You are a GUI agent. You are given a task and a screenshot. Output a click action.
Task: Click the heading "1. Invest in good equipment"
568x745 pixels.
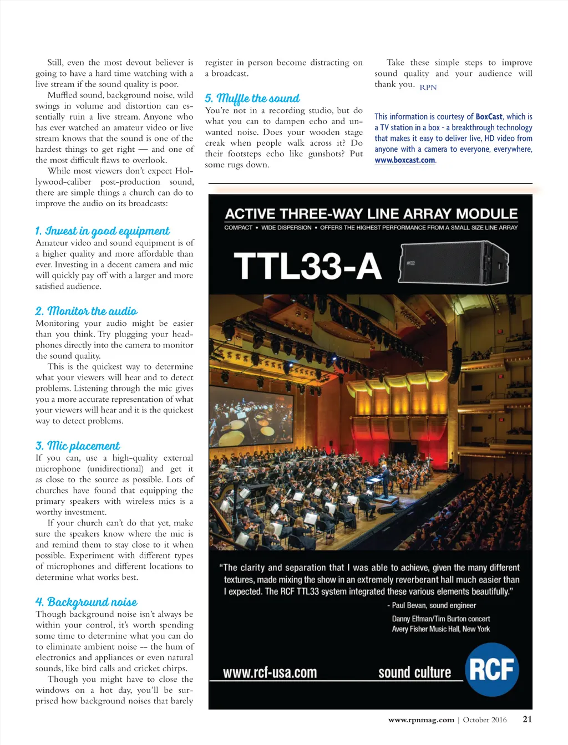pyautogui.click(x=102, y=231)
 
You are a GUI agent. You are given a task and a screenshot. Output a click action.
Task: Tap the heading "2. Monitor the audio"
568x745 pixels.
pyautogui.click(x=87, y=312)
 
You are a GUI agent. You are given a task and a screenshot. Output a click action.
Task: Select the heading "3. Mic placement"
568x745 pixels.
pyautogui.click(x=78, y=446)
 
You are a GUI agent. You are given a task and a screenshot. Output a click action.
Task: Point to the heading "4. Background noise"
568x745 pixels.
pyautogui.click(x=87, y=603)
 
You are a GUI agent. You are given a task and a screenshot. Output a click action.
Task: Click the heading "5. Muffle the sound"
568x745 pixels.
pyautogui.click(x=252, y=99)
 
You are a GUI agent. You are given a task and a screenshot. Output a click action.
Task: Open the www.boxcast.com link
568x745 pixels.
pyautogui.click(x=405, y=160)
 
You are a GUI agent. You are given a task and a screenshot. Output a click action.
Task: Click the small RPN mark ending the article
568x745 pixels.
pyautogui.click(x=428, y=88)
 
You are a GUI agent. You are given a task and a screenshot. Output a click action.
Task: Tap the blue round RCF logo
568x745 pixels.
pyautogui.click(x=492, y=669)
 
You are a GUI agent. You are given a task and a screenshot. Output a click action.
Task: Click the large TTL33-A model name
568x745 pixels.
pyautogui.click(x=307, y=266)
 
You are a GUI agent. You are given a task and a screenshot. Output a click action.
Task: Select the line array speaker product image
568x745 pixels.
pyautogui.click(x=454, y=263)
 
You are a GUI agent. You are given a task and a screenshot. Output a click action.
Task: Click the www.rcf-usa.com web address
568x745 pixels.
pyautogui.click(x=270, y=673)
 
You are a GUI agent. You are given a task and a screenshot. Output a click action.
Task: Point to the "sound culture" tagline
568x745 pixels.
pyautogui.click(x=414, y=673)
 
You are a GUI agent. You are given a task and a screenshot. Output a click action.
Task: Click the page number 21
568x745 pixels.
pyautogui.click(x=528, y=720)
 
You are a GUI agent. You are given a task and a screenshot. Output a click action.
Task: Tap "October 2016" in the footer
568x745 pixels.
pyautogui.click(x=485, y=720)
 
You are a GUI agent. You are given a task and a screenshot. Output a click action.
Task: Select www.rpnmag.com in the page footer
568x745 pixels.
pyautogui.click(x=421, y=720)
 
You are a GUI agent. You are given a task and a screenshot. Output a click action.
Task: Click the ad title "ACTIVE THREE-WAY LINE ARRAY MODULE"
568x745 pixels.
pyautogui.click(x=371, y=214)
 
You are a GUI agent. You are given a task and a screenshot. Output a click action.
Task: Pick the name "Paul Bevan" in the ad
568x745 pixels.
pyautogui.click(x=409, y=605)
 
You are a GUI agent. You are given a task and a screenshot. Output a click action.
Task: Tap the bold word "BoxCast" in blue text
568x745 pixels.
pyautogui.click(x=489, y=116)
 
